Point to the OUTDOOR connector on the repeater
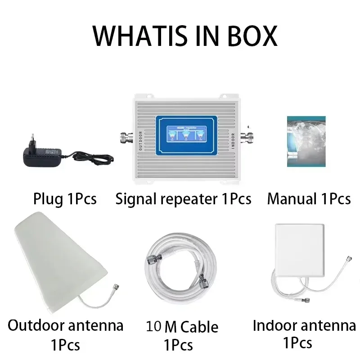[125, 137]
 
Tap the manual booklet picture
[306, 142]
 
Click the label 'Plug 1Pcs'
[65, 198]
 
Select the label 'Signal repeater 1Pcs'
[183, 198]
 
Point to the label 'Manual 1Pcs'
[309, 198]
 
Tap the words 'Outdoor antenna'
[65, 325]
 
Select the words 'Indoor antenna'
[304, 325]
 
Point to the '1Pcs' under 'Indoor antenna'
[297, 343]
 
